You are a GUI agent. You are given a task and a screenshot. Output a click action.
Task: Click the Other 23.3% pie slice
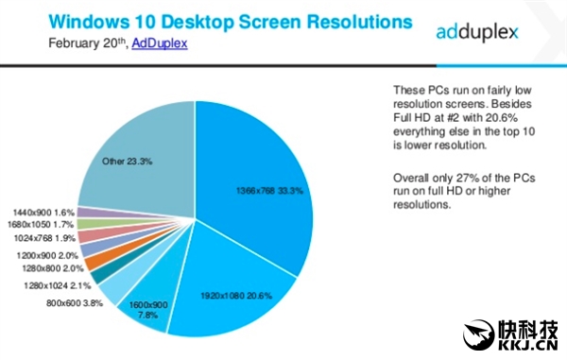[132, 151]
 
